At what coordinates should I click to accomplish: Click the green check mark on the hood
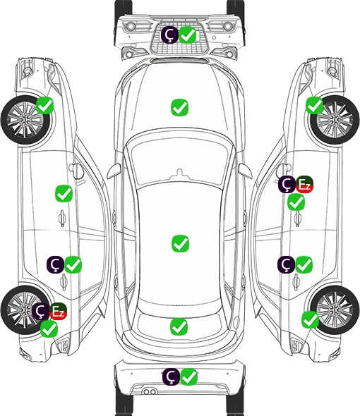click(x=179, y=107)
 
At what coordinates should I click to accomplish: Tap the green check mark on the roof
click(x=180, y=243)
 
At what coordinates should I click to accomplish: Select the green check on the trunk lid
click(x=179, y=326)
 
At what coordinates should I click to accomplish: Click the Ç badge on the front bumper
click(x=169, y=35)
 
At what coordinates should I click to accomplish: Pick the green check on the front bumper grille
click(x=188, y=35)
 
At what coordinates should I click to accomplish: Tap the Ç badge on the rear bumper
click(x=171, y=377)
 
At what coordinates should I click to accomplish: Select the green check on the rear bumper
click(x=189, y=377)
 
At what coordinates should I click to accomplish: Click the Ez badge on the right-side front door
click(x=304, y=185)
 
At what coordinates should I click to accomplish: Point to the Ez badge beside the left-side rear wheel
click(x=58, y=311)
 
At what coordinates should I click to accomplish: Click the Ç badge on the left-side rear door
click(x=55, y=264)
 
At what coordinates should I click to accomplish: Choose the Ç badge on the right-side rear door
click(x=286, y=264)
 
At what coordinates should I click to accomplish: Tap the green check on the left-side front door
click(x=64, y=193)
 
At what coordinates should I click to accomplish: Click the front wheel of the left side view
click(x=26, y=121)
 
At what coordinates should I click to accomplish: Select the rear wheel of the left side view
click(x=25, y=310)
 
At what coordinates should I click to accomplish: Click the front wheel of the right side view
click(x=335, y=120)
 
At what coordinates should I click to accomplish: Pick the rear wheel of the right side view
click(x=335, y=310)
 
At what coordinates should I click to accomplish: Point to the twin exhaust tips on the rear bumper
click(x=150, y=391)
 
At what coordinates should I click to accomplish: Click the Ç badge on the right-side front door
click(x=287, y=185)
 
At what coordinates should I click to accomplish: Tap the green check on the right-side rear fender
click(x=310, y=319)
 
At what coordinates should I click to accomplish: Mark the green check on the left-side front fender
click(x=44, y=105)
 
